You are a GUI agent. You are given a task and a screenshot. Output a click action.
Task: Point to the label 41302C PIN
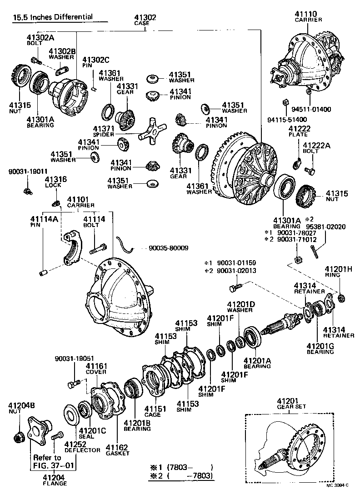tap(95, 62)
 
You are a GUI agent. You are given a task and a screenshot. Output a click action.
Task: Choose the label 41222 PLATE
tap(299, 132)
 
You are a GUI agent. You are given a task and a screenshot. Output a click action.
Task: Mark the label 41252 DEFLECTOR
tap(82, 447)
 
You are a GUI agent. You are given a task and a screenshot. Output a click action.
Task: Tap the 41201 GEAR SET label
tap(291, 403)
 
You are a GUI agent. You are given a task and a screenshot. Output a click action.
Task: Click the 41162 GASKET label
tap(117, 450)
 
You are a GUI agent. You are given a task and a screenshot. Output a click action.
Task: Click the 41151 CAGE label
tap(153, 411)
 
